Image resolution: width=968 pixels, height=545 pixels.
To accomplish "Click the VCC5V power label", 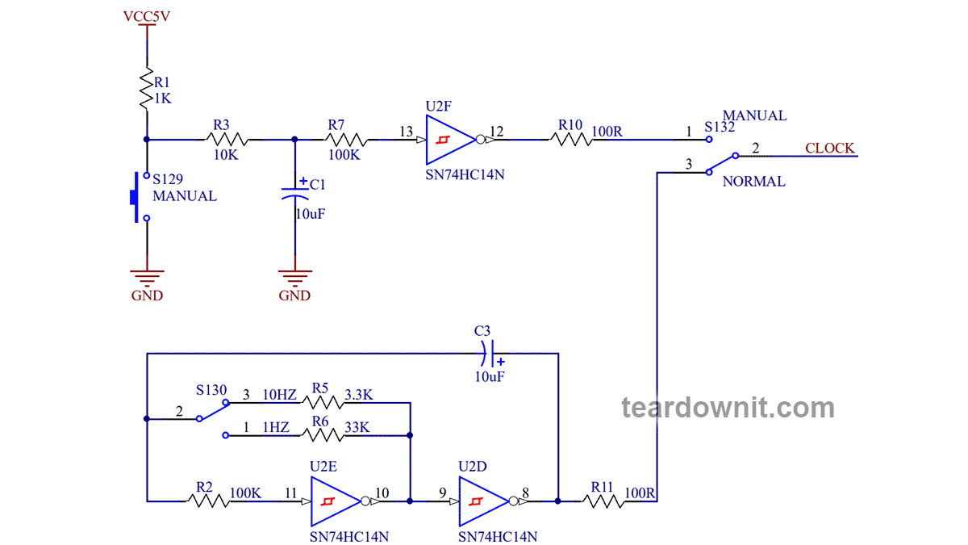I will [147, 15].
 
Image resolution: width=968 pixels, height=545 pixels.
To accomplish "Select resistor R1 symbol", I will [147, 90].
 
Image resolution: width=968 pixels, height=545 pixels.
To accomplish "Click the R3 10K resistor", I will [223, 140].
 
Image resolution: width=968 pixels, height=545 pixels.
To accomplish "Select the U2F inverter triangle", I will [448, 140].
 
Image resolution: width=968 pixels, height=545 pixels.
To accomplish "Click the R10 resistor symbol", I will [571, 140].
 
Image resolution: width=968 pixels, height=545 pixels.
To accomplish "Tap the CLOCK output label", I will [829, 148].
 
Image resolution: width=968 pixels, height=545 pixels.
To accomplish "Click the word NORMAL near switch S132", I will [753, 182].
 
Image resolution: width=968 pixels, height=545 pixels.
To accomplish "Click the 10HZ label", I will [280, 396].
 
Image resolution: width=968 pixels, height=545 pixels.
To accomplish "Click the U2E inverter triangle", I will [332, 501].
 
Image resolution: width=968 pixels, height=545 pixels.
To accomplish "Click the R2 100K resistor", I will [208, 501].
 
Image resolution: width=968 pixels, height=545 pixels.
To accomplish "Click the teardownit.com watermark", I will [728, 408].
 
